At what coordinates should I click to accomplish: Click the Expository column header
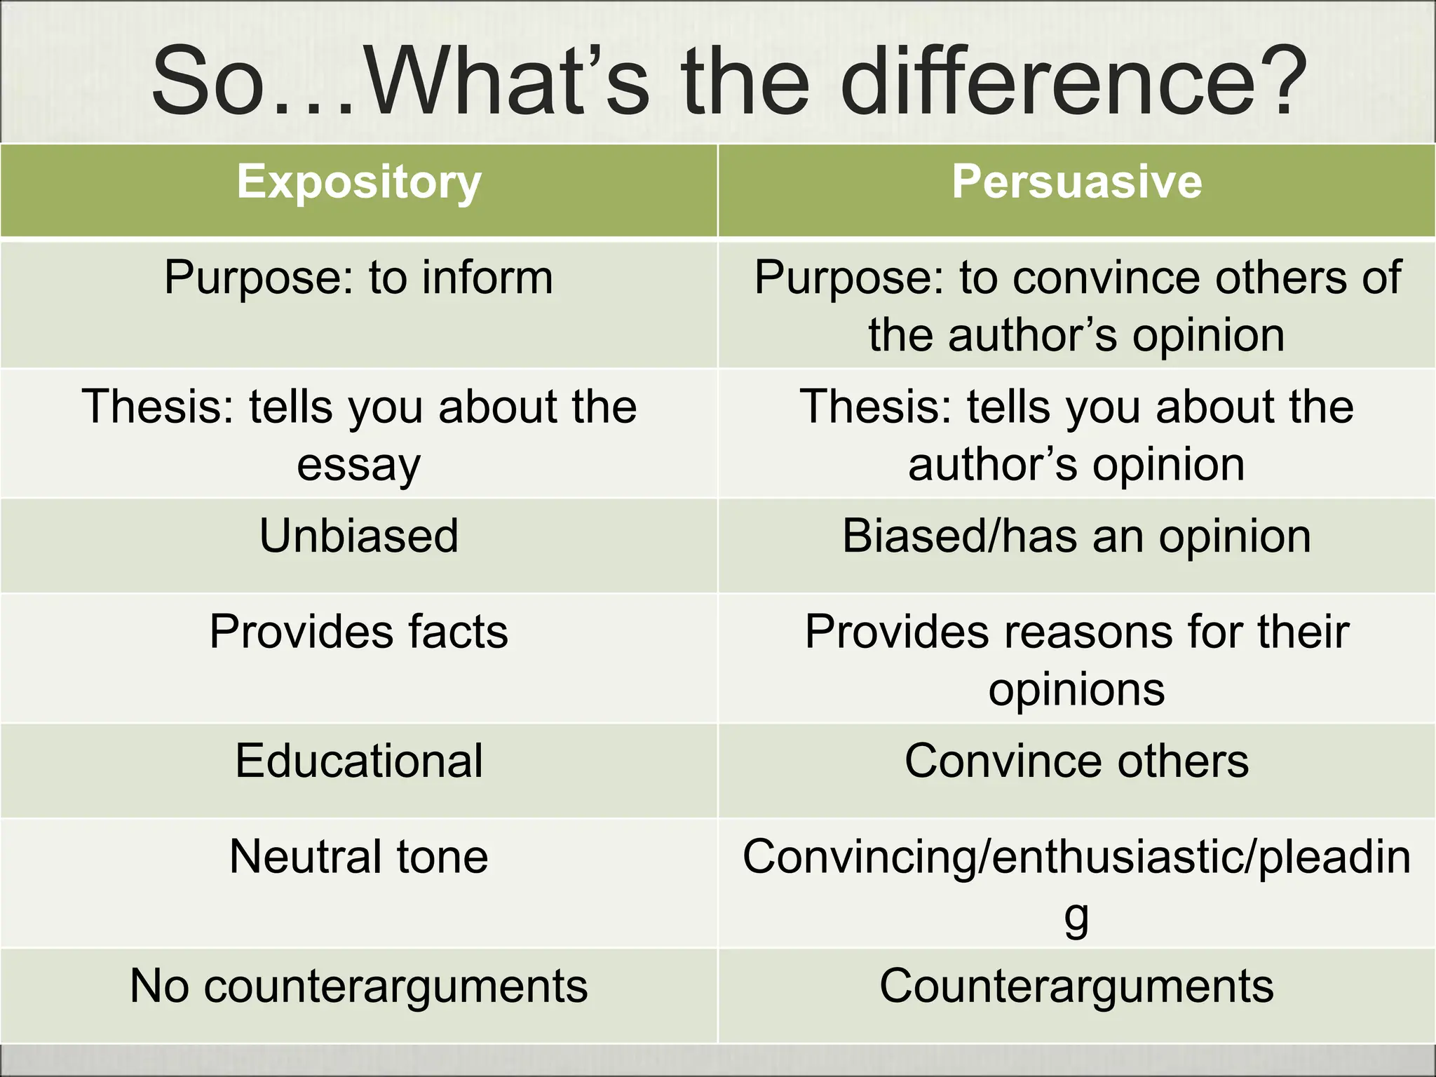click(359, 183)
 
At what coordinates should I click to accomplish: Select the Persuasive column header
click(1076, 183)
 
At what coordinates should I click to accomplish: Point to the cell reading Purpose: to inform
click(359, 278)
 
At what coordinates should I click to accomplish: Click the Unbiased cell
click(359, 536)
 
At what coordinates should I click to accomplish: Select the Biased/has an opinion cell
click(1076, 536)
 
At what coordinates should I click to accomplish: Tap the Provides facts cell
click(359, 632)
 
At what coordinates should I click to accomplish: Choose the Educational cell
click(359, 761)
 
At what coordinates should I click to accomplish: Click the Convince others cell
click(1076, 761)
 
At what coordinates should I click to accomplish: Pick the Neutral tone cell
click(359, 857)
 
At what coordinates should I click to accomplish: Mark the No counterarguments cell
click(359, 986)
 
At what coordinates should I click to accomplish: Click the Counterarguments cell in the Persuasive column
click(1076, 986)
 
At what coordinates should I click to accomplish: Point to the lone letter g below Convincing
click(1076, 916)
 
